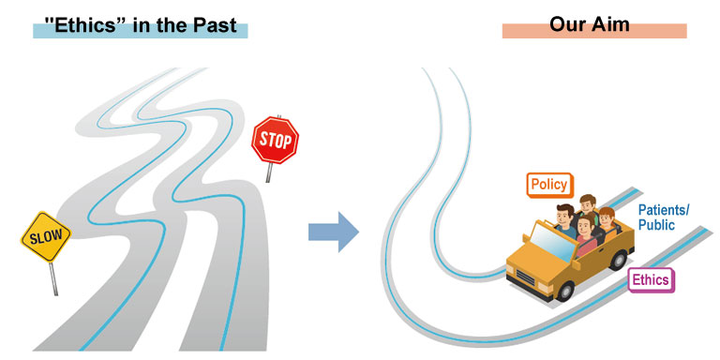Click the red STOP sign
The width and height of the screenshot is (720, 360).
[275, 140]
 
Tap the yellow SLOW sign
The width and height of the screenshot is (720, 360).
[46, 236]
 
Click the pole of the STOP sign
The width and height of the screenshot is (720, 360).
[270, 172]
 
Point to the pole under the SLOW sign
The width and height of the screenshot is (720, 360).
[53, 278]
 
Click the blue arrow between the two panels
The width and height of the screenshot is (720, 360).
[334, 232]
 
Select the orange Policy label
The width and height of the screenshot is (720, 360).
[549, 185]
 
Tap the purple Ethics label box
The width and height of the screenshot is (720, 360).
[651, 280]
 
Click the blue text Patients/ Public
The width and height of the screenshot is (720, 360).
[664, 217]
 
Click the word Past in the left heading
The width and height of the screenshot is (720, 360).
[215, 24]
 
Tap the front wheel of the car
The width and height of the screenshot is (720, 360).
[564, 292]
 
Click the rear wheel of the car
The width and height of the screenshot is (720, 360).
[618, 261]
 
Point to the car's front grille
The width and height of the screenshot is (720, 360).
[525, 277]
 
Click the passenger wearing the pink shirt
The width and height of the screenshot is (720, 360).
[585, 235]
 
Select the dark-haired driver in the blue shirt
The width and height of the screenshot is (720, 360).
[565, 220]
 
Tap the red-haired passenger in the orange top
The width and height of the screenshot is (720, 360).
[607, 224]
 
